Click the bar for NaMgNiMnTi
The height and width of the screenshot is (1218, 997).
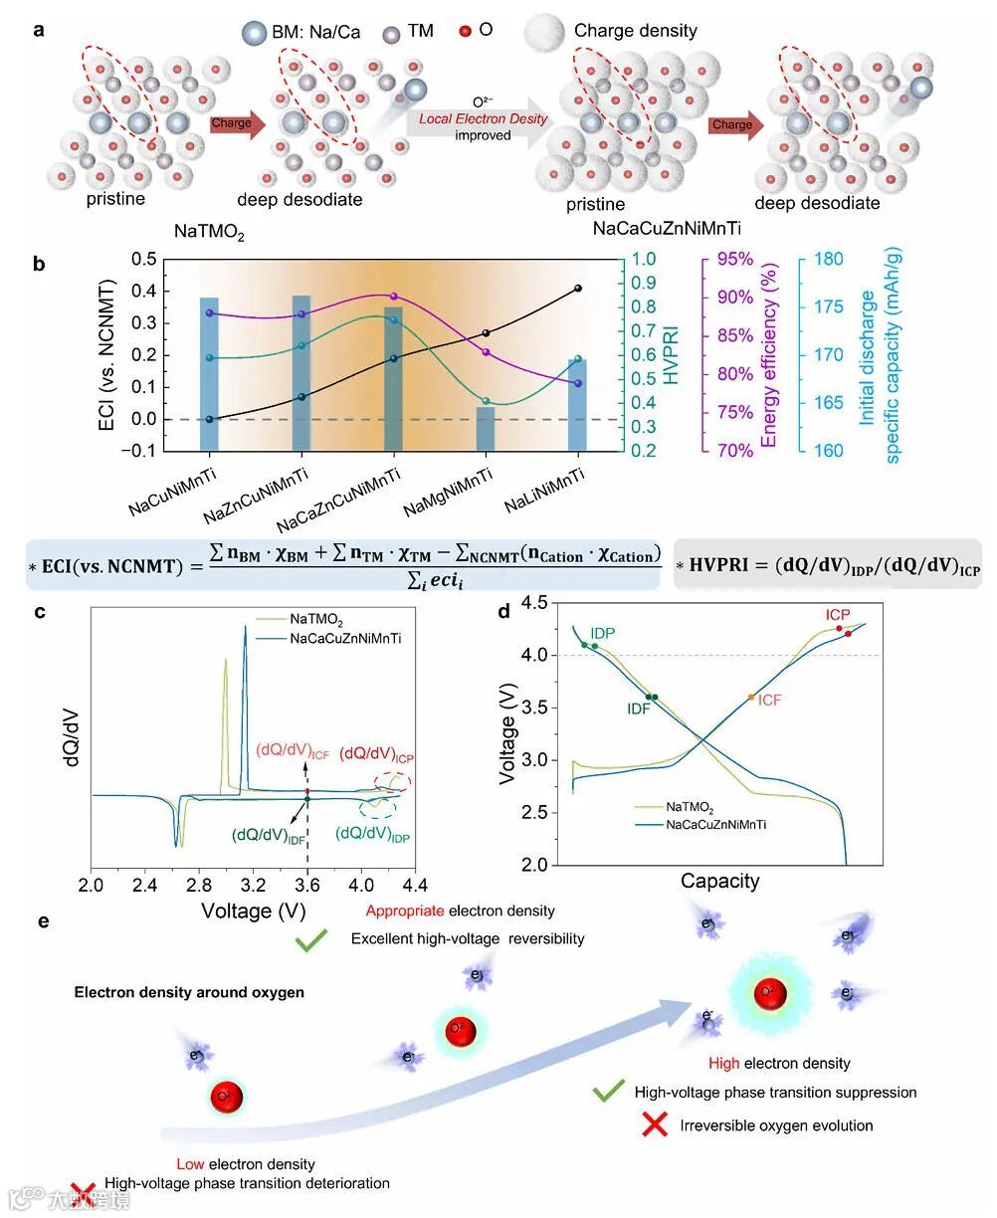coord(486,428)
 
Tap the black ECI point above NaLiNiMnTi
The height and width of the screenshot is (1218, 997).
coord(578,289)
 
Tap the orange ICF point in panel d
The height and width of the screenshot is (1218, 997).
coord(751,697)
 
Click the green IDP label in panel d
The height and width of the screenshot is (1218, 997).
coord(602,633)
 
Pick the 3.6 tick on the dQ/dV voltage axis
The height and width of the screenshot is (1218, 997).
coord(307,885)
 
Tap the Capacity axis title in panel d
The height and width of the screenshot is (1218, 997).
coord(719,881)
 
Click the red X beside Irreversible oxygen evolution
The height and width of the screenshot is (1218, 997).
coord(654,1125)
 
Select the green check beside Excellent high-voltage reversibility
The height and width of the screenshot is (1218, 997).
coord(311,939)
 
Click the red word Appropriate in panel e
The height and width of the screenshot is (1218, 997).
coord(405,911)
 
